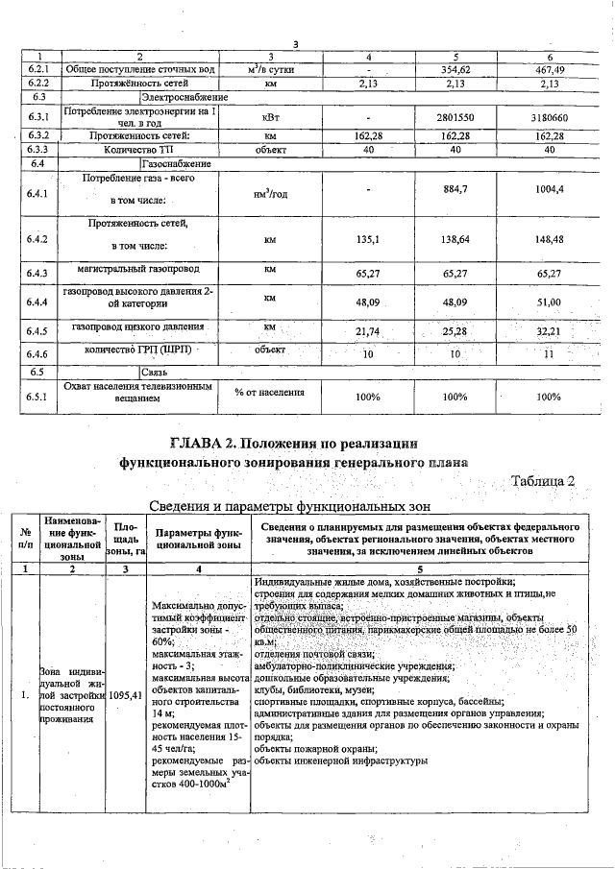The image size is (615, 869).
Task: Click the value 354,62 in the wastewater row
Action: [455, 70]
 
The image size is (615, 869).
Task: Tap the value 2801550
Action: [455, 116]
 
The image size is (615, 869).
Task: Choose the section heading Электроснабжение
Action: [184, 97]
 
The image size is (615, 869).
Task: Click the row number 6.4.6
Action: [38, 352]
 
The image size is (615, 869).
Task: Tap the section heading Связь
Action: [155, 371]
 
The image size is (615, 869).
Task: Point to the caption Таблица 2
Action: [543, 481]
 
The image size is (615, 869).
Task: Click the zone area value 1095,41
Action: [126, 694]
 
